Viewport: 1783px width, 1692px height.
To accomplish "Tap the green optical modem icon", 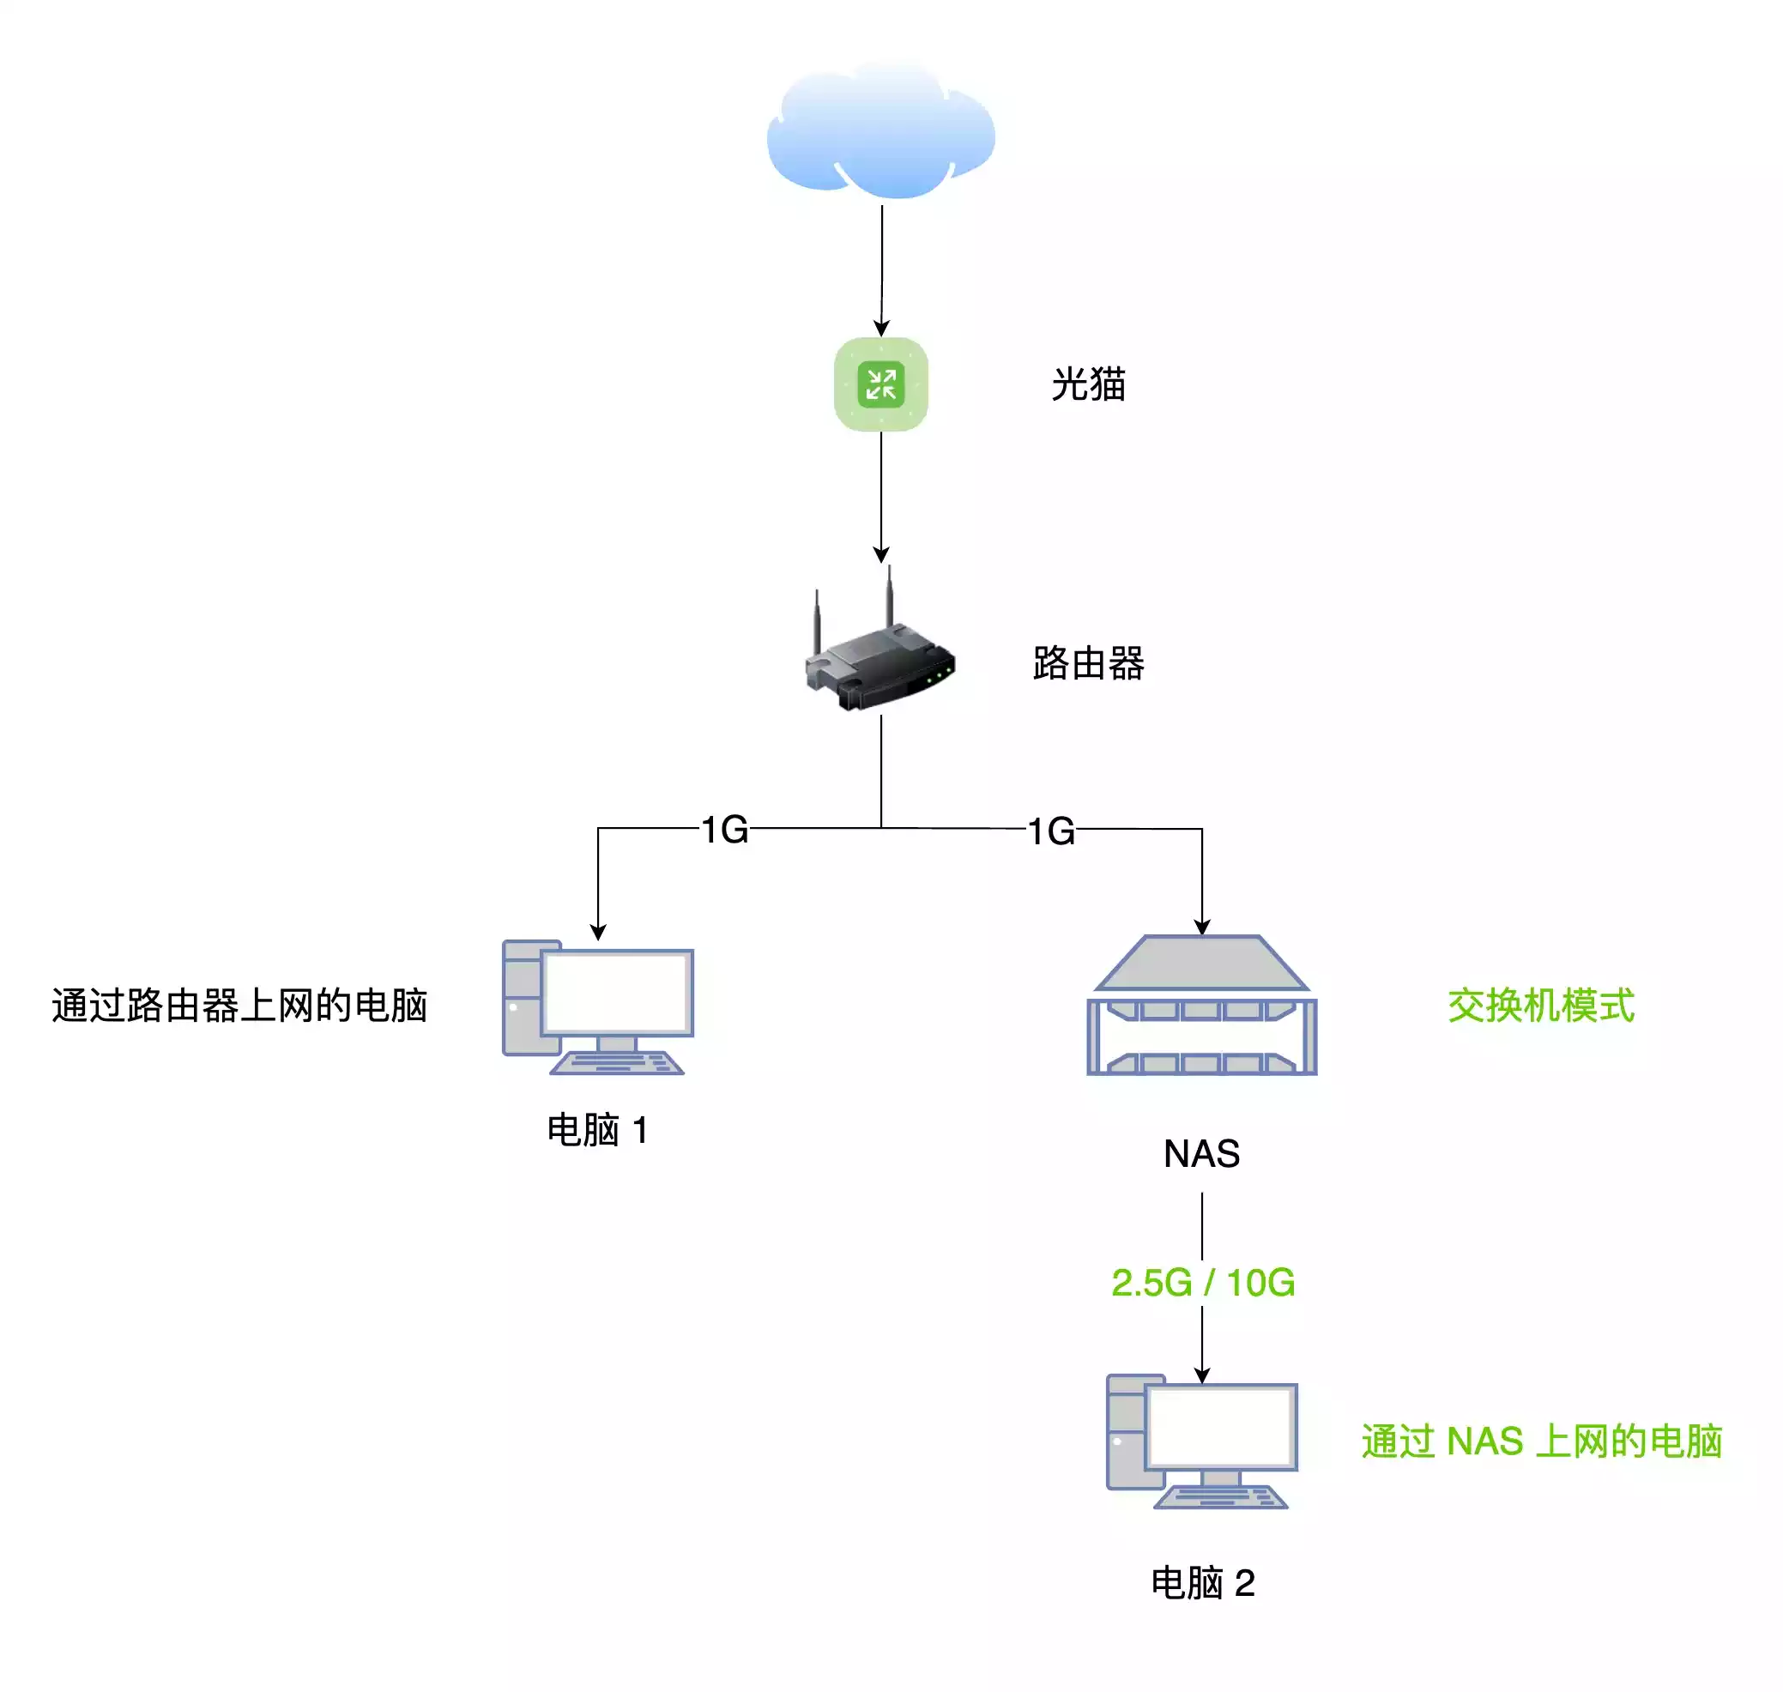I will [880, 384].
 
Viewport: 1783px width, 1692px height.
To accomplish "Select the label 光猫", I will [1088, 384].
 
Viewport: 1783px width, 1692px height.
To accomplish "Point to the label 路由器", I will [1088, 664].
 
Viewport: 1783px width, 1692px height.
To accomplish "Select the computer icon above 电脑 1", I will [598, 1007].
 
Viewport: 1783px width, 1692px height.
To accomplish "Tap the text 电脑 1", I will [598, 1129].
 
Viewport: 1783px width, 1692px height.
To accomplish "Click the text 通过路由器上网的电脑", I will [239, 1006].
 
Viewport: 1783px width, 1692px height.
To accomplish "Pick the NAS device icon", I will [1201, 1006].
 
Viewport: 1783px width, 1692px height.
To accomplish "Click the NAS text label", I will [1201, 1153].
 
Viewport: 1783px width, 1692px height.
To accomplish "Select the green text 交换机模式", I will [1540, 1006].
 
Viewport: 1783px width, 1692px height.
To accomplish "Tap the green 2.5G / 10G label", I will [1202, 1283].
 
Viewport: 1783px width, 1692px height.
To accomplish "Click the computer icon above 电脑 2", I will [1201, 1441].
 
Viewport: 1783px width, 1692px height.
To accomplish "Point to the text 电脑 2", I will [1202, 1583].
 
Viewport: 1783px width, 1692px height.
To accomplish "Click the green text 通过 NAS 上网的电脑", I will [1540, 1441].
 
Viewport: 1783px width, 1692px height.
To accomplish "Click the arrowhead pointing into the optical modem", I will [881, 329].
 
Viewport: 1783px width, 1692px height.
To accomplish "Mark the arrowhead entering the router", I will [881, 553].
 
